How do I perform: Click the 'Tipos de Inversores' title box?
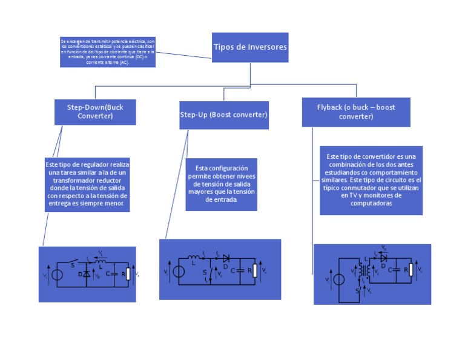[x=250, y=47]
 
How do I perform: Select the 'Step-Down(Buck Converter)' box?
[x=95, y=112]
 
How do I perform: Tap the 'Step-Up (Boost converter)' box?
[x=223, y=115]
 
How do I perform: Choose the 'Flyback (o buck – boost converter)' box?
[x=356, y=112]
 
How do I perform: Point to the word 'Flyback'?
[x=329, y=107]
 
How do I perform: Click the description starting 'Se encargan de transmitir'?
[x=108, y=52]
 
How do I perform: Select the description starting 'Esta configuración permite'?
[x=221, y=184]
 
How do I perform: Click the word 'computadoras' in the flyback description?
[x=371, y=204]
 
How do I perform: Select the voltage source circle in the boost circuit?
[x=178, y=272]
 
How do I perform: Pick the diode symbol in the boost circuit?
[x=226, y=258]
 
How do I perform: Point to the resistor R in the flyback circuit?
[x=411, y=270]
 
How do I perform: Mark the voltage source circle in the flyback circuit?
[x=340, y=279]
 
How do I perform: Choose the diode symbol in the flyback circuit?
[x=383, y=257]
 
